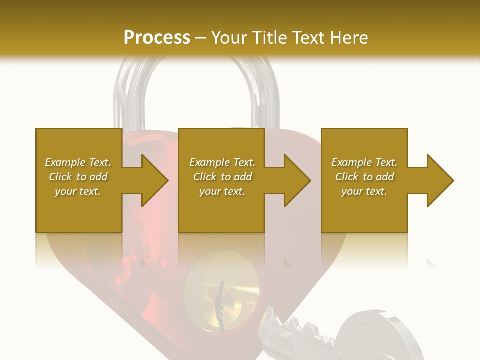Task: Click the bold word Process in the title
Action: [x=157, y=37]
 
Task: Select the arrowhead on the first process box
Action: [x=153, y=180]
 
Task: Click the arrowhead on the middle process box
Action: [x=295, y=180]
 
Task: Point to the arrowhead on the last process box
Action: [x=438, y=180]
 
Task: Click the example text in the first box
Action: [x=78, y=177]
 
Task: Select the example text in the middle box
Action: [x=222, y=177]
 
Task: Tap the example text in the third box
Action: [x=364, y=177]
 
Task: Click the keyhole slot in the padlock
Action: [x=220, y=302]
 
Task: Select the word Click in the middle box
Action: [x=204, y=177]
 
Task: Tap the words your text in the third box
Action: [x=364, y=191]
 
